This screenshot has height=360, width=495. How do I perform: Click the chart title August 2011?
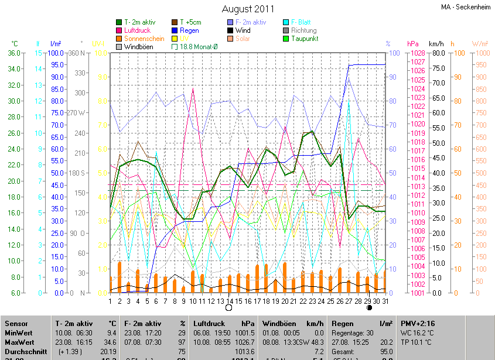click(248, 9)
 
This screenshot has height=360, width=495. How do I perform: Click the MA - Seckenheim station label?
click(466, 7)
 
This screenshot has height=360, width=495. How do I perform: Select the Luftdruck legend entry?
click(137, 30)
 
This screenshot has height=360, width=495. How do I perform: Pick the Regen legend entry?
click(189, 30)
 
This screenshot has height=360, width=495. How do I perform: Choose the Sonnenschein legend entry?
click(144, 39)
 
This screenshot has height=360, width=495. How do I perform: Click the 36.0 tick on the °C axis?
click(13, 53)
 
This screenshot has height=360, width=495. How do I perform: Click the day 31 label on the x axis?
click(385, 301)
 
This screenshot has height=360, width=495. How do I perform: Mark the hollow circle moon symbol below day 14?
click(229, 307)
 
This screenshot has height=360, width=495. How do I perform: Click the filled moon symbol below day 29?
click(369, 307)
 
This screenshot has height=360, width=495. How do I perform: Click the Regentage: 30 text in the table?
click(353, 332)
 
